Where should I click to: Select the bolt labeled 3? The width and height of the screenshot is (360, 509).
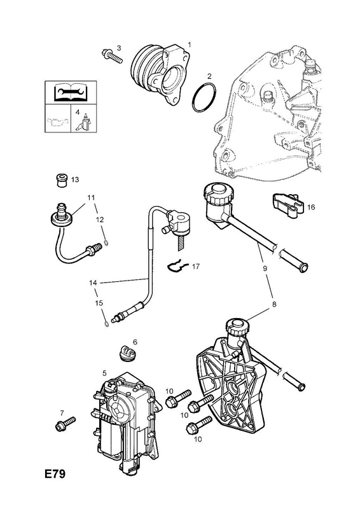click(112, 56)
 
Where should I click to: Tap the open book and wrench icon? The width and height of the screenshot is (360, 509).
click(71, 92)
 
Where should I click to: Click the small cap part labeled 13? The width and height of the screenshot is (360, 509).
click(61, 181)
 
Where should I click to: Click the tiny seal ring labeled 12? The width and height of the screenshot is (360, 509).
click(106, 242)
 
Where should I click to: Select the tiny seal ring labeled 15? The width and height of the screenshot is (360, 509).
click(106, 324)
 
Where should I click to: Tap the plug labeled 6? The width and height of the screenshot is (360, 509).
click(127, 353)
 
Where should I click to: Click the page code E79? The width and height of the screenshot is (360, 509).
click(55, 473)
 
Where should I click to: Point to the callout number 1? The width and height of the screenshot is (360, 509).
click(189, 45)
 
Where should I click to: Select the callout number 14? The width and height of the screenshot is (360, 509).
click(93, 282)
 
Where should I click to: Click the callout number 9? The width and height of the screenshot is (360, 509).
click(265, 268)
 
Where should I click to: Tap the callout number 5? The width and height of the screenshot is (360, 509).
click(104, 373)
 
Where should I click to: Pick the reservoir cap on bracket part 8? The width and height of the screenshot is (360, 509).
click(237, 326)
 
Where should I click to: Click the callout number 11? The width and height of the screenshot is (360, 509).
click(91, 197)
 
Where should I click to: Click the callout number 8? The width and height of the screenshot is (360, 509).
click(274, 304)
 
